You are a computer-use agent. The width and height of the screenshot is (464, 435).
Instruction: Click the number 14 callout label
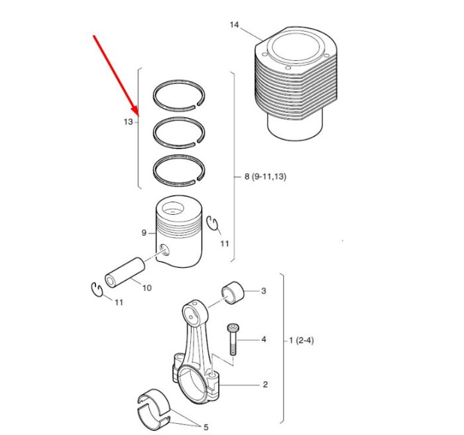click(234, 25)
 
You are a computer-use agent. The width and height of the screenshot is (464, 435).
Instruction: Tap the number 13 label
click(129, 122)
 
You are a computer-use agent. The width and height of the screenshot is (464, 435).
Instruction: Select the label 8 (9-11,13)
click(265, 176)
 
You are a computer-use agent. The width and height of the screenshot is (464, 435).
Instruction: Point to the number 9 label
click(144, 233)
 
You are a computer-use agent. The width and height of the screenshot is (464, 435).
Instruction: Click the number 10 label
click(147, 288)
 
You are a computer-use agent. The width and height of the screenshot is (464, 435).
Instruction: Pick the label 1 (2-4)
click(301, 340)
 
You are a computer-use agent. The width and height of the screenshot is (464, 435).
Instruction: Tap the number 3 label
click(264, 291)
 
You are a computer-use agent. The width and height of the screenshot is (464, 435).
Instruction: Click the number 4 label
click(264, 339)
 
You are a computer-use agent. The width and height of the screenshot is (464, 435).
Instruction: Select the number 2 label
click(265, 385)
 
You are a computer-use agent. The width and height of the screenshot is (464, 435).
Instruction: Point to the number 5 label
click(206, 427)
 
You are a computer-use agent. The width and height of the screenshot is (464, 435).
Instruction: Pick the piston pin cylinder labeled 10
click(125, 273)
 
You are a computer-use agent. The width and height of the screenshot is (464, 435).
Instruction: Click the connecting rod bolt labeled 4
click(232, 340)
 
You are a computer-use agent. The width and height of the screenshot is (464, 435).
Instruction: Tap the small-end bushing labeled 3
click(233, 293)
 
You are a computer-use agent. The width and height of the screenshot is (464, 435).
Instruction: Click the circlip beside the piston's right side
click(212, 222)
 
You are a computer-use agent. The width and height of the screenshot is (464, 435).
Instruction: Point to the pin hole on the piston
click(164, 250)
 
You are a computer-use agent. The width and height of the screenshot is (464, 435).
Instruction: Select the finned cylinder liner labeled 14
click(296, 83)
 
